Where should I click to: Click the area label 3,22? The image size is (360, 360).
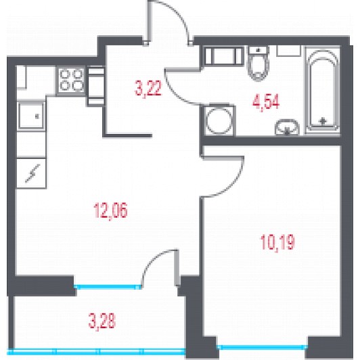click(x=148, y=89)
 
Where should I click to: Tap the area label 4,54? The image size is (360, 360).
click(x=266, y=102)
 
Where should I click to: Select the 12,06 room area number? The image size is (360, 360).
click(x=110, y=210)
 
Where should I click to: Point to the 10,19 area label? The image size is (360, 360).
click(x=277, y=242)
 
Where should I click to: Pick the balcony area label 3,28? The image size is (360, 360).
click(x=102, y=321)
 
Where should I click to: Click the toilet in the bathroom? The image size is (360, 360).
click(x=258, y=63)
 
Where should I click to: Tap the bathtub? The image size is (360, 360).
click(x=322, y=90)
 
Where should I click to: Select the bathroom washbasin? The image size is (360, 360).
click(x=287, y=127)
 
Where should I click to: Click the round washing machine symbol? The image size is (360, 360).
click(x=219, y=120)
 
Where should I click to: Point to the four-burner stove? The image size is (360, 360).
click(x=71, y=80)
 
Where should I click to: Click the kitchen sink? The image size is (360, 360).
click(x=31, y=116)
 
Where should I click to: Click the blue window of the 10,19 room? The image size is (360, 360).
click(x=262, y=347)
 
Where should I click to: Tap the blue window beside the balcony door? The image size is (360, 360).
click(x=108, y=286)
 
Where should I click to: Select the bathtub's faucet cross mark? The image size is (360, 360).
click(x=323, y=120)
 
